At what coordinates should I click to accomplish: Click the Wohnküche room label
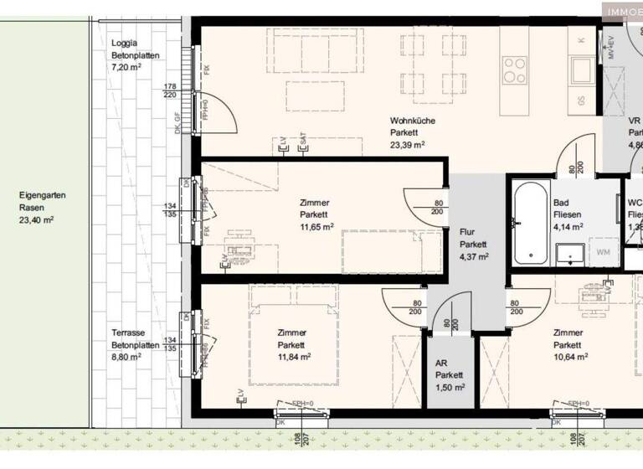point(413,121)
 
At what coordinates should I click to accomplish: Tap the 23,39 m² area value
point(408,144)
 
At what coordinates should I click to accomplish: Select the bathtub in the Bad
point(527,224)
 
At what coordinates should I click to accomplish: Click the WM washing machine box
point(603,250)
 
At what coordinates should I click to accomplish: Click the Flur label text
point(468,232)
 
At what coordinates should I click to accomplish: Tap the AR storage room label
point(442,363)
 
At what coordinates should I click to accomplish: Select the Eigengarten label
point(42,195)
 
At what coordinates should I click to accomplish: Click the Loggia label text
point(125,44)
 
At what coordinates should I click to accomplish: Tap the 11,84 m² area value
point(295,356)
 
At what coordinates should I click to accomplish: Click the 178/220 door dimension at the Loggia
point(170,90)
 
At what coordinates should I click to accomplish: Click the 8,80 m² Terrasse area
point(126,356)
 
